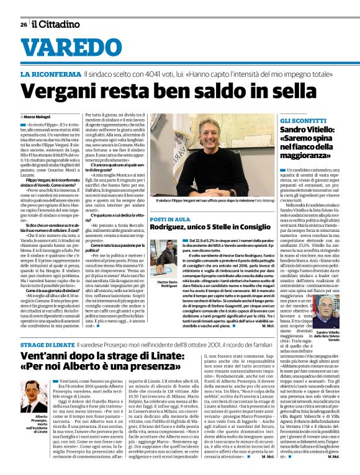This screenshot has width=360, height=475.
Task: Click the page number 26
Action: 24,24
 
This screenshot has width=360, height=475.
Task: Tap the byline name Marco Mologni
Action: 39,117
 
